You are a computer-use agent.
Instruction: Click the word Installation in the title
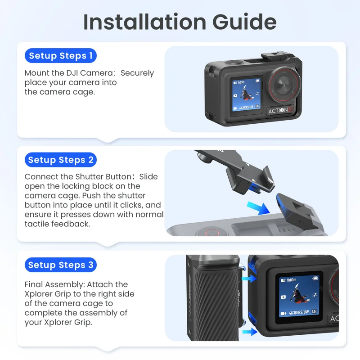(x=144, y=22)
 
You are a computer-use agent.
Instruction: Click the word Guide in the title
(x=244, y=22)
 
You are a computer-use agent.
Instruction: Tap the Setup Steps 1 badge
(x=61, y=55)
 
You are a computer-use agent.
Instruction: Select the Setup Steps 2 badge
(x=61, y=160)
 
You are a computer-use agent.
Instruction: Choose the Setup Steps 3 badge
(x=61, y=265)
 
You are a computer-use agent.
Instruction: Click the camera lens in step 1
(x=284, y=85)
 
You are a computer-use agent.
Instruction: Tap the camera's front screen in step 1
(x=246, y=95)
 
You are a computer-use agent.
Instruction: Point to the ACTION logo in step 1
(x=281, y=110)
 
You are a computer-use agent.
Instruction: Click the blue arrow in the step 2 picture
(x=258, y=208)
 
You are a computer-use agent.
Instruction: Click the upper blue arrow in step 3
(x=249, y=279)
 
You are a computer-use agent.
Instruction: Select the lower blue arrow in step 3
(x=250, y=332)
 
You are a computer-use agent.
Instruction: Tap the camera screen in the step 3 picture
(x=299, y=297)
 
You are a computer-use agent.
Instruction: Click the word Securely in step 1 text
(x=137, y=73)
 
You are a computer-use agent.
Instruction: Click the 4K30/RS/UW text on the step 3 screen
(x=299, y=312)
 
